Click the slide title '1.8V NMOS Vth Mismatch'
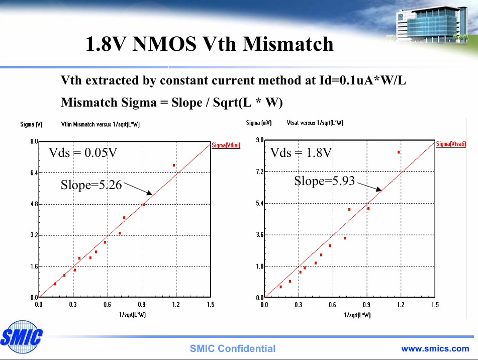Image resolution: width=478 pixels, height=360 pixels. pyautogui.click(x=209, y=44)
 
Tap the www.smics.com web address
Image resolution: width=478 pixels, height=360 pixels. pyautogui.click(x=435, y=348)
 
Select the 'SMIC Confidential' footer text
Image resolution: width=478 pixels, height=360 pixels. pyautogui.click(x=232, y=349)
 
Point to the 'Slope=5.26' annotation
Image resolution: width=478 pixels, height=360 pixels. pyautogui.click(x=91, y=185)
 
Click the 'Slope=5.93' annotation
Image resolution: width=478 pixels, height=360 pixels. pyautogui.click(x=324, y=181)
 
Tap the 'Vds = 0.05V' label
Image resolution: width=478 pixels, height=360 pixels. pyautogui.click(x=83, y=153)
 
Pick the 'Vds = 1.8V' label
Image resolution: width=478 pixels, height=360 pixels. pyautogui.click(x=301, y=153)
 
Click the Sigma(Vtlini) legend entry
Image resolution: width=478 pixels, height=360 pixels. pyautogui.click(x=226, y=145)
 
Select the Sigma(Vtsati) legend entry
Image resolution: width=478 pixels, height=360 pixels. pyautogui.click(x=450, y=144)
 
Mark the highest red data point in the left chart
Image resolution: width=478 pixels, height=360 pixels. pyautogui.click(x=174, y=165)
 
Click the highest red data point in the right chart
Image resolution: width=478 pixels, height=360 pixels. pyautogui.click(x=399, y=152)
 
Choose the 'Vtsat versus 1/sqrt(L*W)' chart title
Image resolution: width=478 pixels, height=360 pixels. pyautogui.click(x=315, y=123)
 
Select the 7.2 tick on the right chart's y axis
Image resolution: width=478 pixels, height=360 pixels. pyautogui.click(x=260, y=172)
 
